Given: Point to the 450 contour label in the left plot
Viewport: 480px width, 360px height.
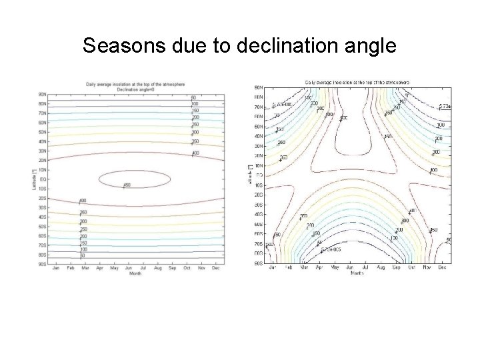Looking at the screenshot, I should [x=127, y=185].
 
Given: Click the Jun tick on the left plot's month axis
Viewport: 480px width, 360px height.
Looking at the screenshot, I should [x=129, y=268].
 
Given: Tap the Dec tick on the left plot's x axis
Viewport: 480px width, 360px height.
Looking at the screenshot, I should [x=216, y=268].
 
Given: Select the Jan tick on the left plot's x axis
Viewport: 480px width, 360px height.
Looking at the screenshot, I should [x=55, y=268].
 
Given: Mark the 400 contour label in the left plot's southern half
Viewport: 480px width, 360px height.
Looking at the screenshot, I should [x=83, y=201].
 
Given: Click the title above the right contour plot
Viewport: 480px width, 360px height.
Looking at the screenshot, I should [x=357, y=82].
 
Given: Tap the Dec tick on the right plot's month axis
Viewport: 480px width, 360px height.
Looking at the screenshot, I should [x=443, y=267].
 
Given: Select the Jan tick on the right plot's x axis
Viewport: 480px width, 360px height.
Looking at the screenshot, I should [x=272, y=267].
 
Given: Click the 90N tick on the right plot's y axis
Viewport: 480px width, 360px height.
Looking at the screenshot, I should [x=259, y=87].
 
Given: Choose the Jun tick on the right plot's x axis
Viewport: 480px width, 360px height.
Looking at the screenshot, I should [x=350, y=267].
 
